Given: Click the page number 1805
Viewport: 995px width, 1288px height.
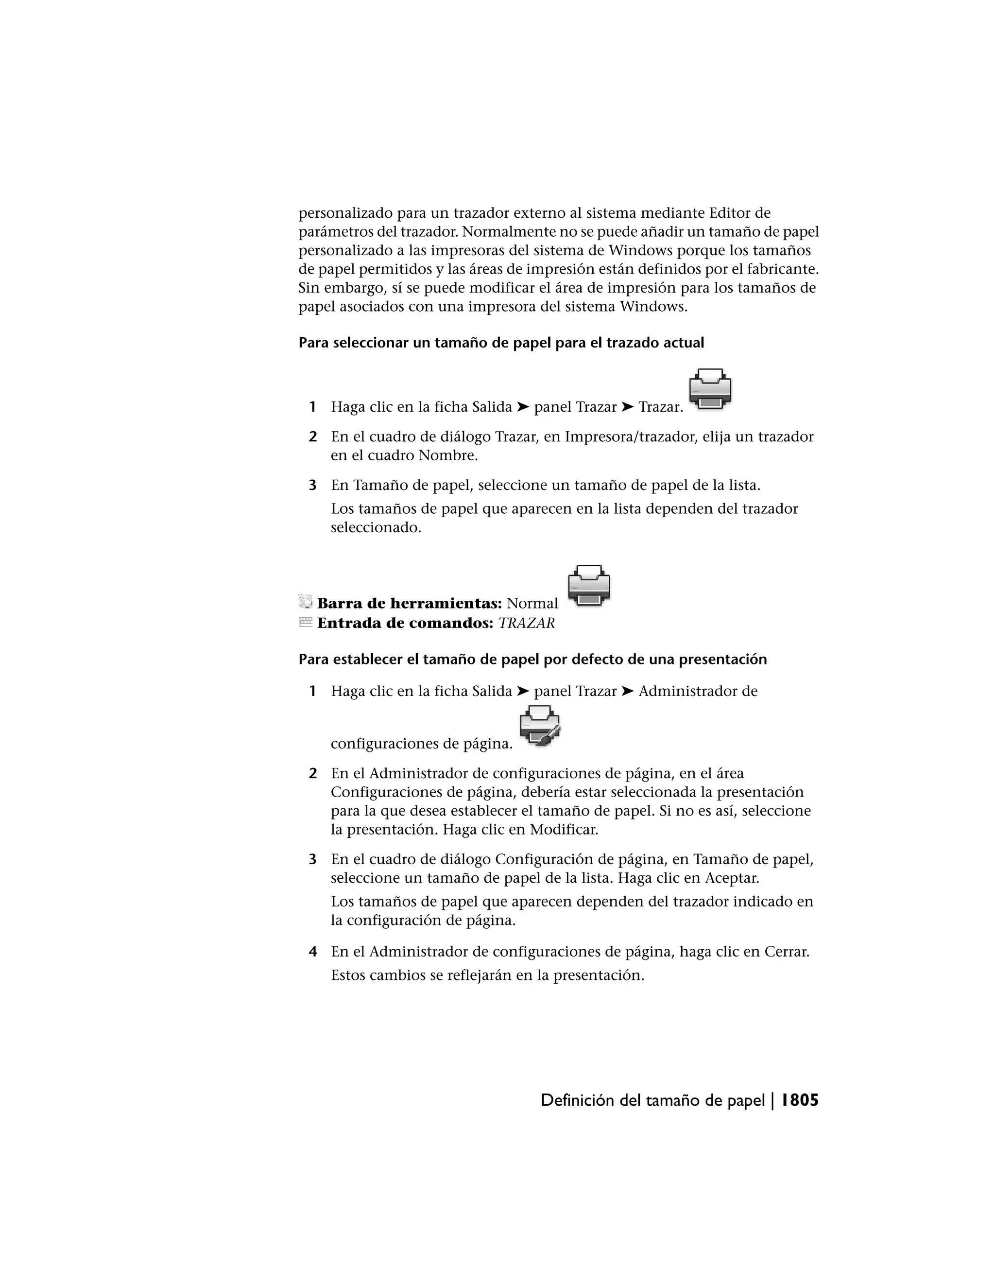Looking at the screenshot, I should coord(800,1100).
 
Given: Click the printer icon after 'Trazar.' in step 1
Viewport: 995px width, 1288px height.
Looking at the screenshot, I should coord(710,389).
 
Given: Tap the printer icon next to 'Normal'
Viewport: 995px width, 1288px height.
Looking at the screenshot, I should coord(589,585).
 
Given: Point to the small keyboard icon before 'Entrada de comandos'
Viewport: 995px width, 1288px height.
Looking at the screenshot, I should coord(305,622).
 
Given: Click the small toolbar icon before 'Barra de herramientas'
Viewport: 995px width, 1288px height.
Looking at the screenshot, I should coord(305,602).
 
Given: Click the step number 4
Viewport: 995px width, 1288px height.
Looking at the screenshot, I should coord(313,952).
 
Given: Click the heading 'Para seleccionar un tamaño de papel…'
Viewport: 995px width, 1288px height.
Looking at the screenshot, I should coord(501,343).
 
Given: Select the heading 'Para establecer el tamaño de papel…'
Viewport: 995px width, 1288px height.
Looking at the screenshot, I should coord(532,660).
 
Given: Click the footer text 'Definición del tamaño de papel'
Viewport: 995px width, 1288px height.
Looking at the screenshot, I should coord(652,1101).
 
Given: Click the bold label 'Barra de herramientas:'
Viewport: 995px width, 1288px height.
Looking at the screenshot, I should coord(409,603).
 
